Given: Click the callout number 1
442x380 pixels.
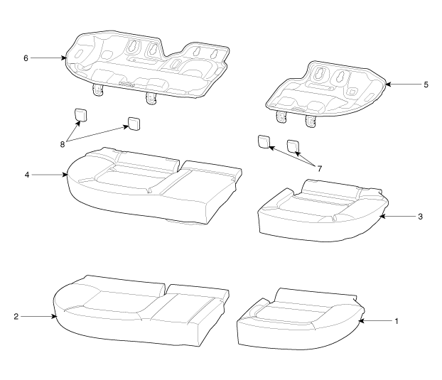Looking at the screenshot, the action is pyautogui.click(x=397, y=321).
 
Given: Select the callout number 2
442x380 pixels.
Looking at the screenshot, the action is pyautogui.click(x=16, y=317).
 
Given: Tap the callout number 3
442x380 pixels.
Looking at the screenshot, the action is pyautogui.click(x=420, y=217).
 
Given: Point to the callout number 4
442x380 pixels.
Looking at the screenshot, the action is pyautogui.click(x=27, y=175).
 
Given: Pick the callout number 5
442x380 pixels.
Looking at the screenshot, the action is pyautogui.click(x=426, y=85).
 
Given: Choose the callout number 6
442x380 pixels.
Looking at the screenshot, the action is pyautogui.click(x=26, y=58).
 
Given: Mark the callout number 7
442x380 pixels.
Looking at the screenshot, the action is pyautogui.click(x=319, y=169).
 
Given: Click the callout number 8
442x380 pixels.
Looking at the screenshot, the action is pyautogui.click(x=63, y=144).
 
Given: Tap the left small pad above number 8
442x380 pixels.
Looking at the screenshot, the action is pyautogui.click(x=80, y=115).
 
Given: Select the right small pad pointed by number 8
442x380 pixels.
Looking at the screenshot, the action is pyautogui.click(x=134, y=124).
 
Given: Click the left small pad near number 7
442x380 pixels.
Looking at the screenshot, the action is pyautogui.click(x=264, y=141).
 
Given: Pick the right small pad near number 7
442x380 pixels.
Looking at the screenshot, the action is pyautogui.click(x=293, y=146).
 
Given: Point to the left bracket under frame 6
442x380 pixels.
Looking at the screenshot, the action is pyautogui.click(x=97, y=90).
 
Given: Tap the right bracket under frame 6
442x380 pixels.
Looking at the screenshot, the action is pyautogui.click(x=151, y=98).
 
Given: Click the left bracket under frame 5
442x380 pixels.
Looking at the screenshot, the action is pyautogui.click(x=281, y=116).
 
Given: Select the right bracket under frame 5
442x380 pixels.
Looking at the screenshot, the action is pyautogui.click(x=311, y=121).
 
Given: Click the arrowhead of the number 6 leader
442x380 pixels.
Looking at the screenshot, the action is pyautogui.click(x=64, y=58).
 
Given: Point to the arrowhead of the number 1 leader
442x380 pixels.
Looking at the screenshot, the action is pyautogui.click(x=361, y=321).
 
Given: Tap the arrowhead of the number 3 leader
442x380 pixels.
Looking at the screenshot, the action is pyautogui.click(x=382, y=217).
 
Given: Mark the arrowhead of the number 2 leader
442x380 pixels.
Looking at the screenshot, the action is pyautogui.click(x=54, y=317).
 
